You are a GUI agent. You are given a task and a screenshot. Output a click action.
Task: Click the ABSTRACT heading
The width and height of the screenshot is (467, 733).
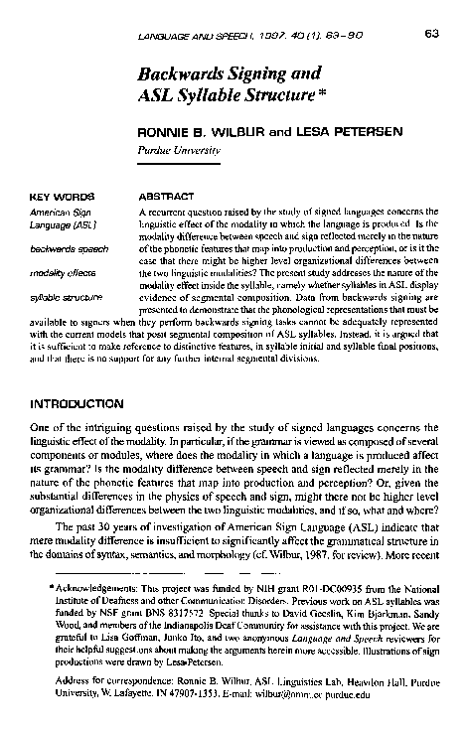[165, 197]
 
